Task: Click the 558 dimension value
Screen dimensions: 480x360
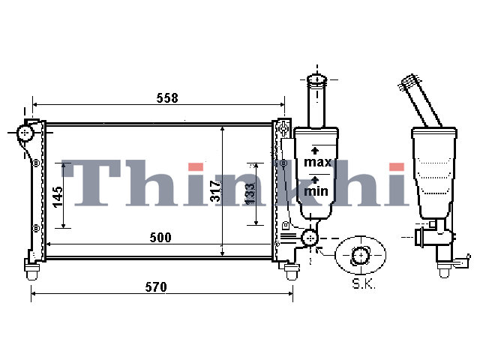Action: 167,98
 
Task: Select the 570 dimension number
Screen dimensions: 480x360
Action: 156,287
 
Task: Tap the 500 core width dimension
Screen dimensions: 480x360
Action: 160,238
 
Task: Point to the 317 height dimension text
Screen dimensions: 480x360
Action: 215,191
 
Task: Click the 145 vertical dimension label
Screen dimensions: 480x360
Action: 58,197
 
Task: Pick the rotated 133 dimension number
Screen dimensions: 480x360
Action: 250,193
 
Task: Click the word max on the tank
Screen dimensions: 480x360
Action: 318,162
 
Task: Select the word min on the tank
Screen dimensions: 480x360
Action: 316,191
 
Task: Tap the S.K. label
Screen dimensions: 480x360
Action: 363,284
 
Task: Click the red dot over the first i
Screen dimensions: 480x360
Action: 196,166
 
